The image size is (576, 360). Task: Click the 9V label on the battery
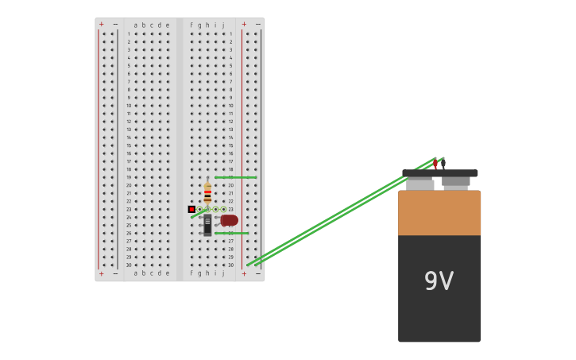tap(439, 281)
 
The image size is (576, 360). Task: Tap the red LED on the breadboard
tap(230, 220)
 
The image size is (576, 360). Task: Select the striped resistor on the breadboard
tap(207, 193)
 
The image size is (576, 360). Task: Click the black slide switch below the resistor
tap(207, 224)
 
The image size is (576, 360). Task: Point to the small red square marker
tap(191, 209)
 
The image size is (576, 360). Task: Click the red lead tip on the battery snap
tap(435, 163)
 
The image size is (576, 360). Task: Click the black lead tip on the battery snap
tap(443, 162)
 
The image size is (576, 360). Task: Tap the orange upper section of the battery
tap(439, 212)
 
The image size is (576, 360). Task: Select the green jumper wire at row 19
tap(235, 177)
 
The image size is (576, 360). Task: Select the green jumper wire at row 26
tap(231, 233)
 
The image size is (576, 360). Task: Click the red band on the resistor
tap(207, 192)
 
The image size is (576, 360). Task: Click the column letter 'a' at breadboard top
tap(136, 25)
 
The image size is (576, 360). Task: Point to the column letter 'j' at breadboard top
tap(223, 25)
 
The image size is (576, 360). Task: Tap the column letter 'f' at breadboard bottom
tap(191, 273)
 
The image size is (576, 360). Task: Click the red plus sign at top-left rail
tap(101, 25)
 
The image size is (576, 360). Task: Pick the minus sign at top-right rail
tap(257, 25)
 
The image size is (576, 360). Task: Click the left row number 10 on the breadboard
tap(128, 106)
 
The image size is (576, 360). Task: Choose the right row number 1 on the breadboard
tap(231, 34)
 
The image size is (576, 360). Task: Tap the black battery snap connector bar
tap(439, 173)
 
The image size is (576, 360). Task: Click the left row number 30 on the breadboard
tap(128, 265)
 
